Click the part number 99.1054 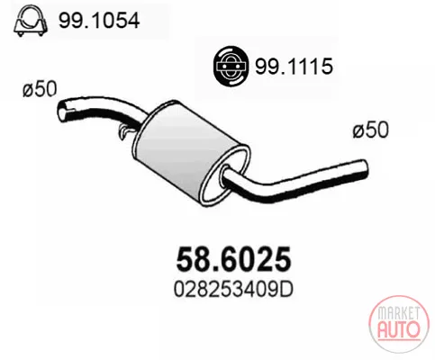(x=99, y=21)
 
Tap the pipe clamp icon (x=31, y=22)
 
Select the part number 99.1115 (x=294, y=66)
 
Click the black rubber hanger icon (x=231, y=66)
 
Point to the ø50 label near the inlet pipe (x=40, y=89)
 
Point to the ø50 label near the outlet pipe (x=371, y=130)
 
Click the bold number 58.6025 (x=233, y=259)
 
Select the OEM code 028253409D (x=233, y=289)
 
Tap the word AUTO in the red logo (x=398, y=329)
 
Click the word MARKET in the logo (x=398, y=313)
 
